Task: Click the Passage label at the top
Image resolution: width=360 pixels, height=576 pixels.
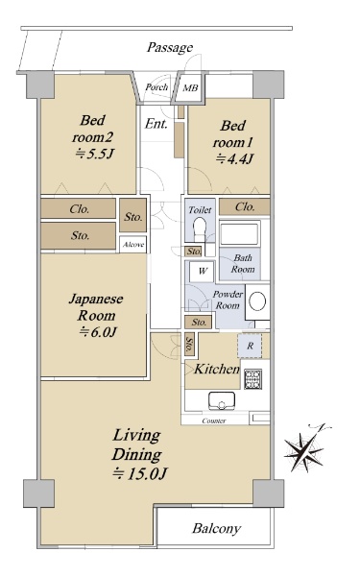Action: (170, 47)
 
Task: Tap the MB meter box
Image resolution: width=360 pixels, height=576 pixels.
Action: (190, 87)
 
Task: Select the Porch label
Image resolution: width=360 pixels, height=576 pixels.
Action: (156, 87)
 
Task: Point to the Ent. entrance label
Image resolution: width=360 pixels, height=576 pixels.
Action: (156, 124)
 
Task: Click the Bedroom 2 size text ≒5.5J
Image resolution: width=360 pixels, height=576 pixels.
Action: (93, 154)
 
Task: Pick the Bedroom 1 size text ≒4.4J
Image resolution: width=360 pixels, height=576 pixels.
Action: (234, 158)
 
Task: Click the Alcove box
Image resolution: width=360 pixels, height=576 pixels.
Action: (133, 244)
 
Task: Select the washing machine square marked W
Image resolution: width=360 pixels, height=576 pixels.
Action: (203, 271)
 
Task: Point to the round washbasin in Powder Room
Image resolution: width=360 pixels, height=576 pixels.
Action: (257, 301)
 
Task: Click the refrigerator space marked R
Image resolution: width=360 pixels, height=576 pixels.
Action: (250, 346)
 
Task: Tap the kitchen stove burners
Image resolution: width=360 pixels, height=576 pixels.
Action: (253, 379)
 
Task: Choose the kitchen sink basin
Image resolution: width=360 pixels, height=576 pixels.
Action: (222, 400)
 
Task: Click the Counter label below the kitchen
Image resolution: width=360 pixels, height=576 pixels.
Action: (214, 421)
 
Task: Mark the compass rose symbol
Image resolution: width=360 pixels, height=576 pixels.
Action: (304, 450)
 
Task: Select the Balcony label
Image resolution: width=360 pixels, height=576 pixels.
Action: (216, 529)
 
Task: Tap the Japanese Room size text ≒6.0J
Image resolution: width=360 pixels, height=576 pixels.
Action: (98, 332)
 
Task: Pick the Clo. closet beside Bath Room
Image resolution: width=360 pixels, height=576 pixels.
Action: (244, 206)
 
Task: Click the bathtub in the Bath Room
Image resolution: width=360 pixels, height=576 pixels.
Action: (239, 233)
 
